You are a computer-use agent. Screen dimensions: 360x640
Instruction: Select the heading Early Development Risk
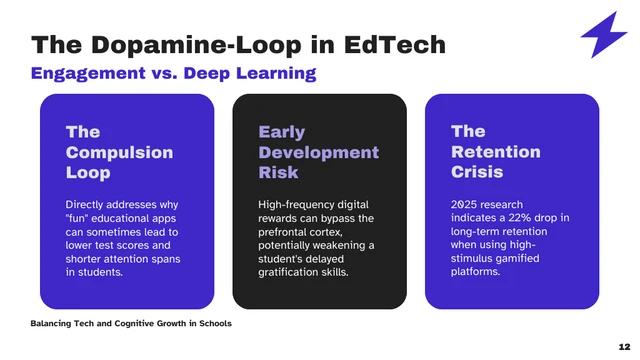(x=318, y=152)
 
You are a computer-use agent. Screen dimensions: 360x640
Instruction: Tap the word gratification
(x=291, y=272)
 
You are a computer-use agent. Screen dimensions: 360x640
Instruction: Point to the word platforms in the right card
(x=475, y=272)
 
